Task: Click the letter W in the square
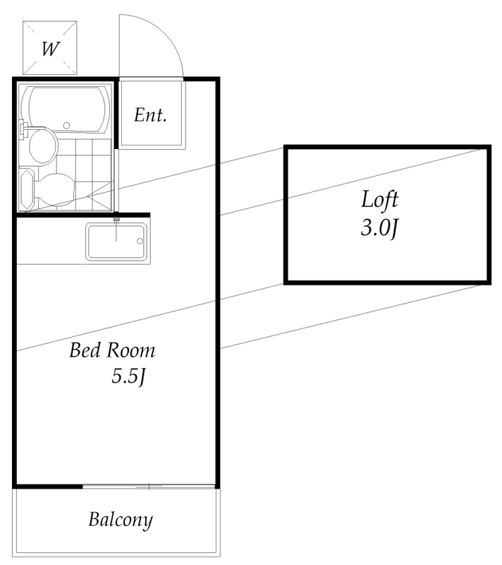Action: [50, 49]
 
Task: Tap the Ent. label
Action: [151, 115]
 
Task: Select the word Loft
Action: [380, 199]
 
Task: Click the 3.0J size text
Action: [380, 227]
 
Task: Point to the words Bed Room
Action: [112, 350]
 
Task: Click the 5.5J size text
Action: [128, 376]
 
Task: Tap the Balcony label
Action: [121, 520]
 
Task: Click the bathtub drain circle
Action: [66, 126]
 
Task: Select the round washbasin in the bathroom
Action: [43, 145]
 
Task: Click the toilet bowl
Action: [55, 189]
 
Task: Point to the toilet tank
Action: [27, 189]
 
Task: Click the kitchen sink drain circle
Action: [140, 241]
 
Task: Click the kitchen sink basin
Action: [116, 242]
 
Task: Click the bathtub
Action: [66, 109]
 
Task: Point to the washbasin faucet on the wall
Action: [25, 130]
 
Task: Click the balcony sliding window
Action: [149, 487]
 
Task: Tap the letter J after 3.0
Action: [395, 229]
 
